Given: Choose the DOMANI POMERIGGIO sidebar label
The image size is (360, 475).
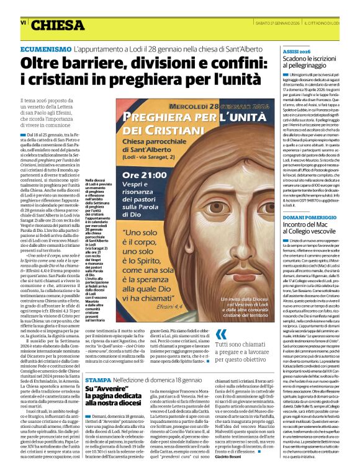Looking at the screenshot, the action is tap(305, 218).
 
